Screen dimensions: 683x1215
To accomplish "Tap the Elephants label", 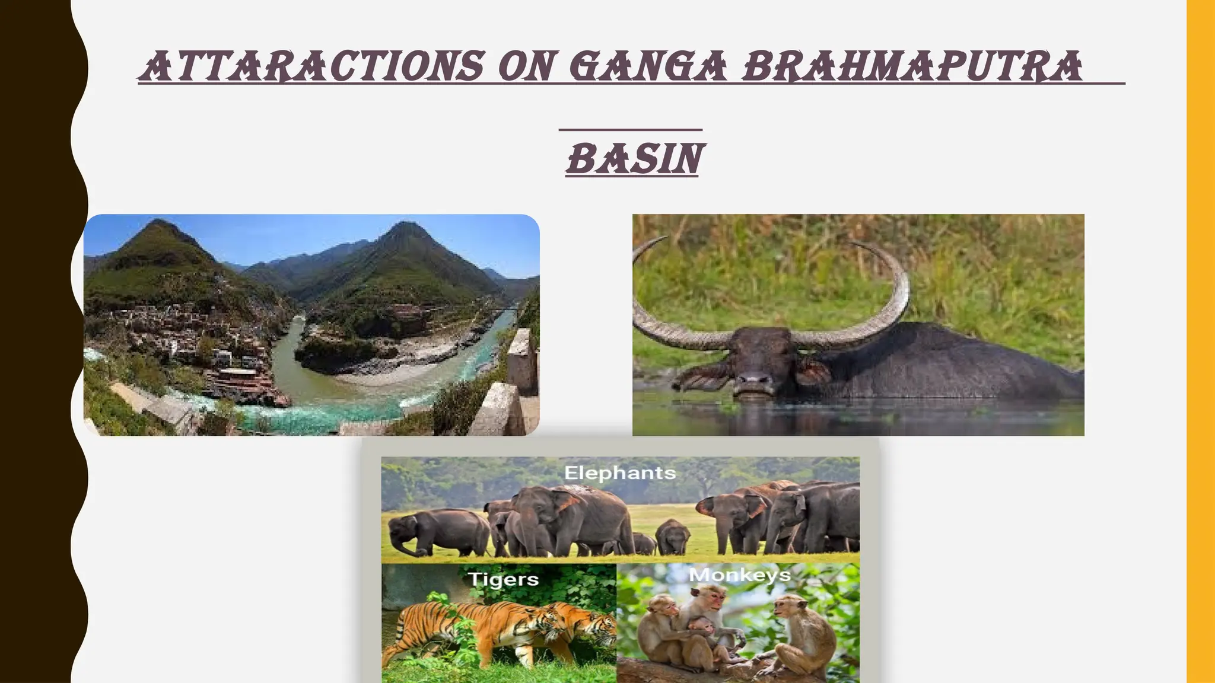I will pyautogui.click(x=620, y=473).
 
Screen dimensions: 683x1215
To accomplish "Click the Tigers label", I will pyautogui.click(x=503, y=579).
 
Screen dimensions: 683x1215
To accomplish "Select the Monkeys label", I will pyautogui.click(x=739, y=575).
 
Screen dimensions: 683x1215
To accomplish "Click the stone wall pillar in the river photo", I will pyautogui.click(x=522, y=362).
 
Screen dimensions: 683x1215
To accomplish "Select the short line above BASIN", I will pyautogui.click(x=631, y=129).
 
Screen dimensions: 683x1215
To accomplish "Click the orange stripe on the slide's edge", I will pyautogui.click(x=1201, y=341).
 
